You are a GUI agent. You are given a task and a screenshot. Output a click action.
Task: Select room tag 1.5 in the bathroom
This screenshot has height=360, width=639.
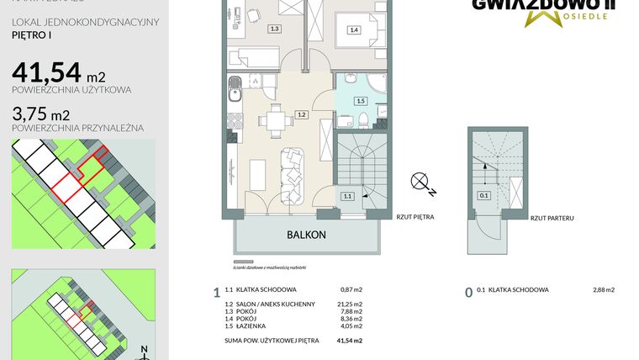(x=361, y=101)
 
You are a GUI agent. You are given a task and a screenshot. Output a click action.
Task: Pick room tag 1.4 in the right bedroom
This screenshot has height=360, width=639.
(x=353, y=29)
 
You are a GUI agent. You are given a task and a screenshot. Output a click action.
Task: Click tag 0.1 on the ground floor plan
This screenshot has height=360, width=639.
(x=483, y=196)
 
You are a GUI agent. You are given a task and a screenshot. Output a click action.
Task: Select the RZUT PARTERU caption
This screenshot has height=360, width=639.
(x=552, y=218)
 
